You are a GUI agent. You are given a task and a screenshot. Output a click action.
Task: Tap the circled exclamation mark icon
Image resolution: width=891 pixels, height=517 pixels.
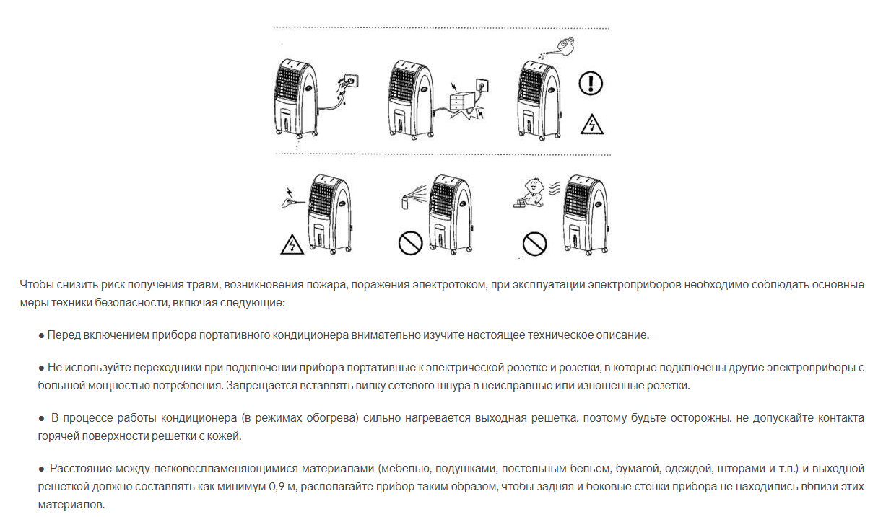tap(591, 84)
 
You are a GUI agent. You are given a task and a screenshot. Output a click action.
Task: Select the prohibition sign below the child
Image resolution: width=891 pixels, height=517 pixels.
tap(535, 242)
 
